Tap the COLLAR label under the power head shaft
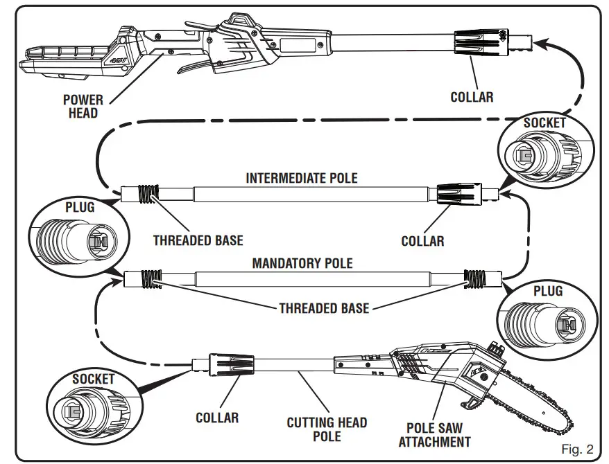click(x=472, y=97)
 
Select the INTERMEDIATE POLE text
click(x=302, y=178)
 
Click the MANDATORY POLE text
click(x=302, y=263)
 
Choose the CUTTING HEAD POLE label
click(x=327, y=429)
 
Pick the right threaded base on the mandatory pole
click(x=474, y=278)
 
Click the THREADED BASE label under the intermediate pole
click(x=198, y=240)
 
